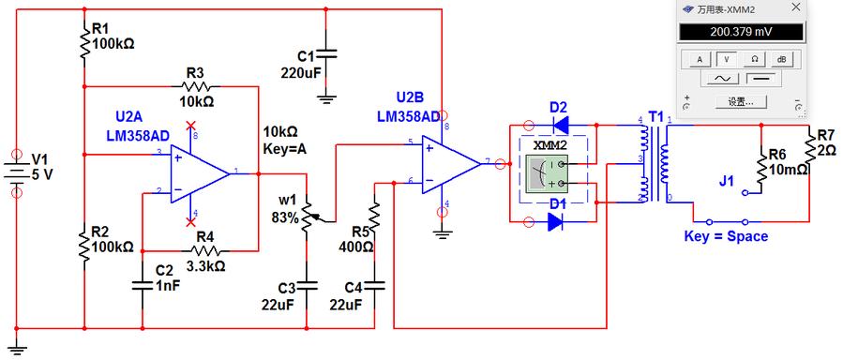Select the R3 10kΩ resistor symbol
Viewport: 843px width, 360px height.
coord(196,85)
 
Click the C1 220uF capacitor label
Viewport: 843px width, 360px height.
coord(301,64)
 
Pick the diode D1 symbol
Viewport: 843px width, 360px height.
coord(555,222)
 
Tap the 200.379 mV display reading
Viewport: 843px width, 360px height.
coord(741,32)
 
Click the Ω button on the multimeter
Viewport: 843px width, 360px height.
coord(754,58)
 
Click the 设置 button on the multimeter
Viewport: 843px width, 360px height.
coord(740,101)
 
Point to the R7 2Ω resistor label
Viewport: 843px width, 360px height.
coord(825,143)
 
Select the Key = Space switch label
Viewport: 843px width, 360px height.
coord(725,237)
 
